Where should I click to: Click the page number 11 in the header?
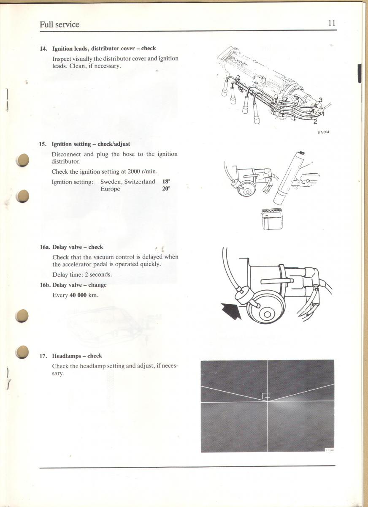[x=332, y=23]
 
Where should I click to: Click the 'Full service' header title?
[x=60, y=25]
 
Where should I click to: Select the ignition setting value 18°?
[x=166, y=182]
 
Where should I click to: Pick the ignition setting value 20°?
[x=166, y=189]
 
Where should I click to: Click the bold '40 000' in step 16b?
[x=78, y=295]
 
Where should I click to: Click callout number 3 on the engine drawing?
[x=321, y=100]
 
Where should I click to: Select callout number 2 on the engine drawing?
[x=315, y=122]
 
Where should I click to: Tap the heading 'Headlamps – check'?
[x=77, y=356]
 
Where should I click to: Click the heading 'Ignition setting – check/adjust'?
[x=91, y=144]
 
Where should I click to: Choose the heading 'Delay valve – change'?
[x=79, y=285]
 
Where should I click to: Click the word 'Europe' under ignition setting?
[x=110, y=189]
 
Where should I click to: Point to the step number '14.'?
[x=43, y=49]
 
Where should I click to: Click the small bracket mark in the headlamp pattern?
[x=265, y=396]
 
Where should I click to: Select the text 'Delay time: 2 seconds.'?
[x=82, y=275]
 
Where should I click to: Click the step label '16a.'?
[x=44, y=247]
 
